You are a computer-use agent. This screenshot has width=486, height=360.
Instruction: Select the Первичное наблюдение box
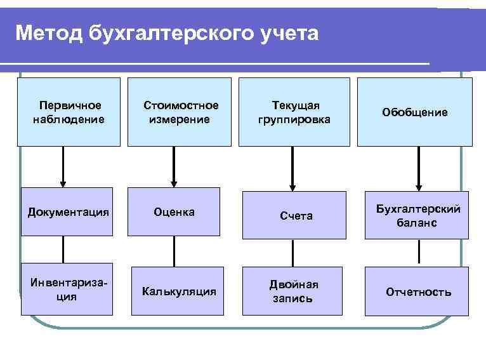click(x=69, y=112)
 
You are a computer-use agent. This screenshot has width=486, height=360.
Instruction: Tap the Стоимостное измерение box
click(x=180, y=112)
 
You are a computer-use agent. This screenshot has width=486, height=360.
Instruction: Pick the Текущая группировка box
click(x=294, y=112)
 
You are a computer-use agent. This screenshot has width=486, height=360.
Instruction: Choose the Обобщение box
click(x=414, y=112)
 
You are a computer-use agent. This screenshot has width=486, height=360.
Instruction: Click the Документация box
click(x=67, y=211)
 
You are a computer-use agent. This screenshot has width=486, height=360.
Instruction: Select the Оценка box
click(x=174, y=211)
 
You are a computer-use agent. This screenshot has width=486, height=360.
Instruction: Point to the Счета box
click(x=295, y=216)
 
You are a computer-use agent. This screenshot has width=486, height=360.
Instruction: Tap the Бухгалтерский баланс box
click(x=417, y=215)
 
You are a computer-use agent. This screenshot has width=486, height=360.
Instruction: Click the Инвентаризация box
click(x=67, y=290)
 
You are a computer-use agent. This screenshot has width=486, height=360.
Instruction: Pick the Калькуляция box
click(x=179, y=291)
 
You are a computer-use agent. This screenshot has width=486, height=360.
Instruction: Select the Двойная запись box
click(x=293, y=291)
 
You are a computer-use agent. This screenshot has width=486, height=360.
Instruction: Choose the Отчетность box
click(x=417, y=291)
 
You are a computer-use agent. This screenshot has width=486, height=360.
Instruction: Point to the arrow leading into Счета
click(x=292, y=168)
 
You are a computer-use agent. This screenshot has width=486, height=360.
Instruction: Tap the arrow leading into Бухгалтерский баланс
click(x=418, y=168)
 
